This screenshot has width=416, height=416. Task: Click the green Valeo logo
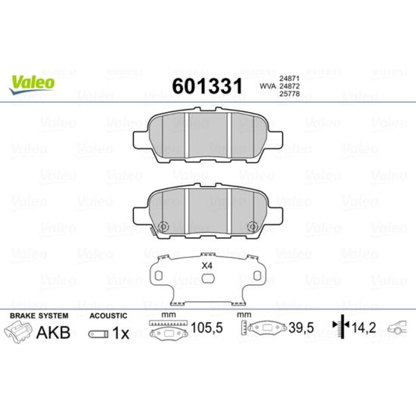[x=32, y=84]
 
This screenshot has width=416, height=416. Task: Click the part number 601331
[x=207, y=86]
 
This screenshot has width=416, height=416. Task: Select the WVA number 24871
[x=289, y=79]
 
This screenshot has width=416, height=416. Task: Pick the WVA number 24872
[x=289, y=86]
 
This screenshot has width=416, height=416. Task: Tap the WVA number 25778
[x=289, y=94]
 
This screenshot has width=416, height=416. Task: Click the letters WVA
[x=268, y=86]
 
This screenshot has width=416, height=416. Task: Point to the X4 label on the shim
[x=207, y=265]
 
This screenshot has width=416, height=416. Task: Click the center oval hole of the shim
[x=208, y=278]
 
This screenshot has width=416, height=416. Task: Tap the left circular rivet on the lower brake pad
[x=163, y=227]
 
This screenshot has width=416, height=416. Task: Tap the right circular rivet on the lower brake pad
[x=253, y=227]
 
